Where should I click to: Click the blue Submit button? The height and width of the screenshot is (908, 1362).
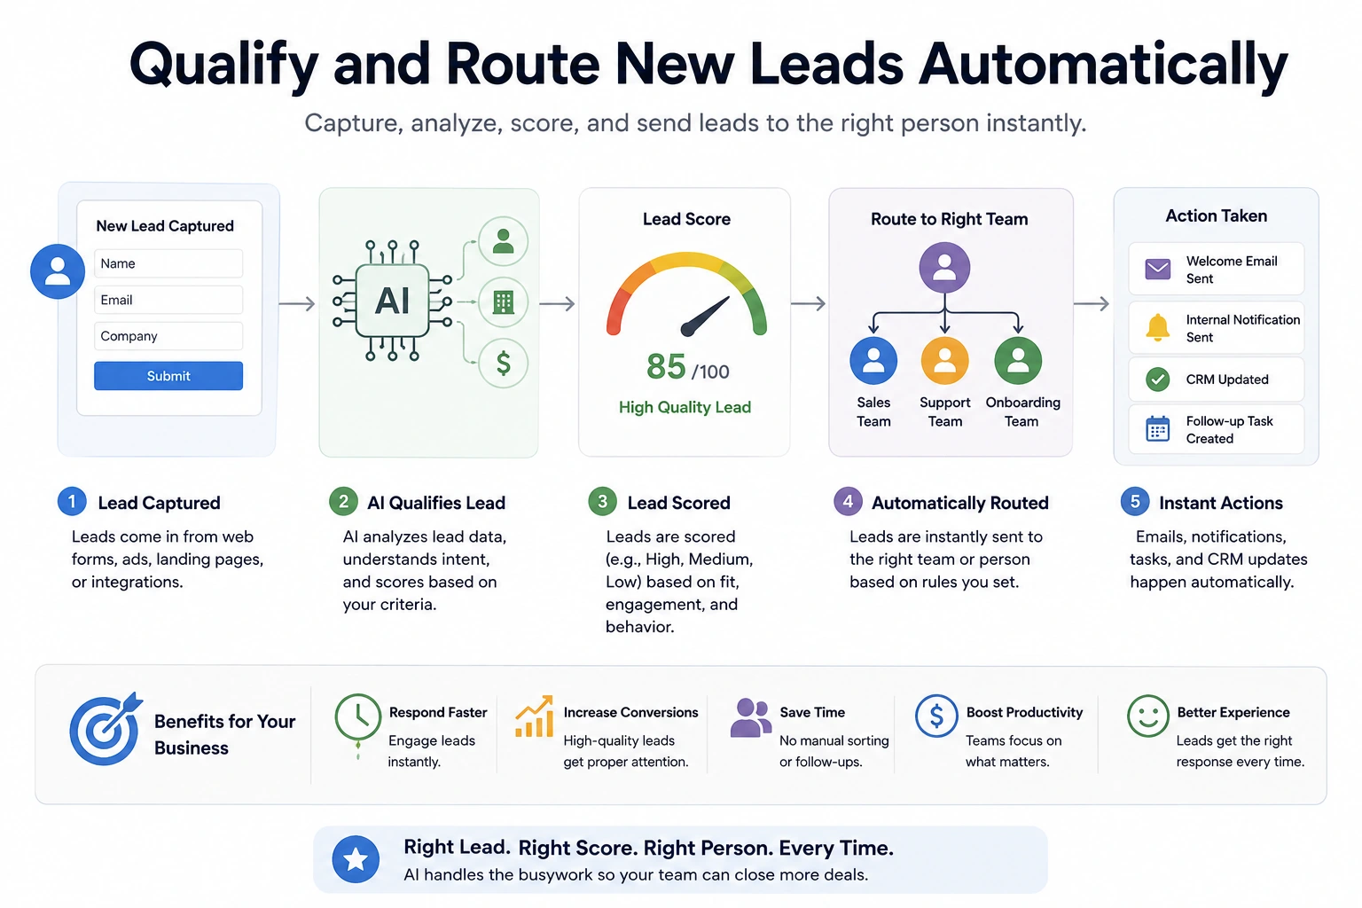[x=168, y=376]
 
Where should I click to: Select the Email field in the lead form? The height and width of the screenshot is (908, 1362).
[x=168, y=300]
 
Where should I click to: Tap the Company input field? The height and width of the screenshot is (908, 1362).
[x=168, y=336]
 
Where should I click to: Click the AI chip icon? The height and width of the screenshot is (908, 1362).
[x=393, y=301]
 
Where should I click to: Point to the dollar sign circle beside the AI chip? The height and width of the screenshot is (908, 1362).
[x=503, y=363]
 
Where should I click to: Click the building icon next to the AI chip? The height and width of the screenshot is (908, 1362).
[x=503, y=301]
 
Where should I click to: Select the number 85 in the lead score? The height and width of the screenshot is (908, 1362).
[x=666, y=367]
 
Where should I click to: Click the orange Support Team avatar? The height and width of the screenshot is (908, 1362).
[x=944, y=361]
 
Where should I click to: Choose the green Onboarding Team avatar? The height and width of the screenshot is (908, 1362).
[x=1018, y=361]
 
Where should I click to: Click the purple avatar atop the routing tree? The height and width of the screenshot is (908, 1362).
[x=944, y=268]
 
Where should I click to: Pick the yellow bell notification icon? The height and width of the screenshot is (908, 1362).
[x=1158, y=328]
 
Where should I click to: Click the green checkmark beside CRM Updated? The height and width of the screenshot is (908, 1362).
[x=1158, y=380]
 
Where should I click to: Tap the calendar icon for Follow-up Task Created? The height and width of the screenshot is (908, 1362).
[x=1158, y=429]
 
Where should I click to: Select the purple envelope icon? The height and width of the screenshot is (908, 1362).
[x=1158, y=269]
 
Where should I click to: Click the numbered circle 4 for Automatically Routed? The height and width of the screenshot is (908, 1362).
[x=848, y=502]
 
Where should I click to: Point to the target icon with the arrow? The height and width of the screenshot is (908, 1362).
[x=106, y=729]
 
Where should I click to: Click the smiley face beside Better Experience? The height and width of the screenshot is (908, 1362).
[x=1148, y=716]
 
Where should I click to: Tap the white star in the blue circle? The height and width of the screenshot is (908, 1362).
[x=356, y=859]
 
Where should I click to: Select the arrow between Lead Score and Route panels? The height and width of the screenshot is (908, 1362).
[x=808, y=303]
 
